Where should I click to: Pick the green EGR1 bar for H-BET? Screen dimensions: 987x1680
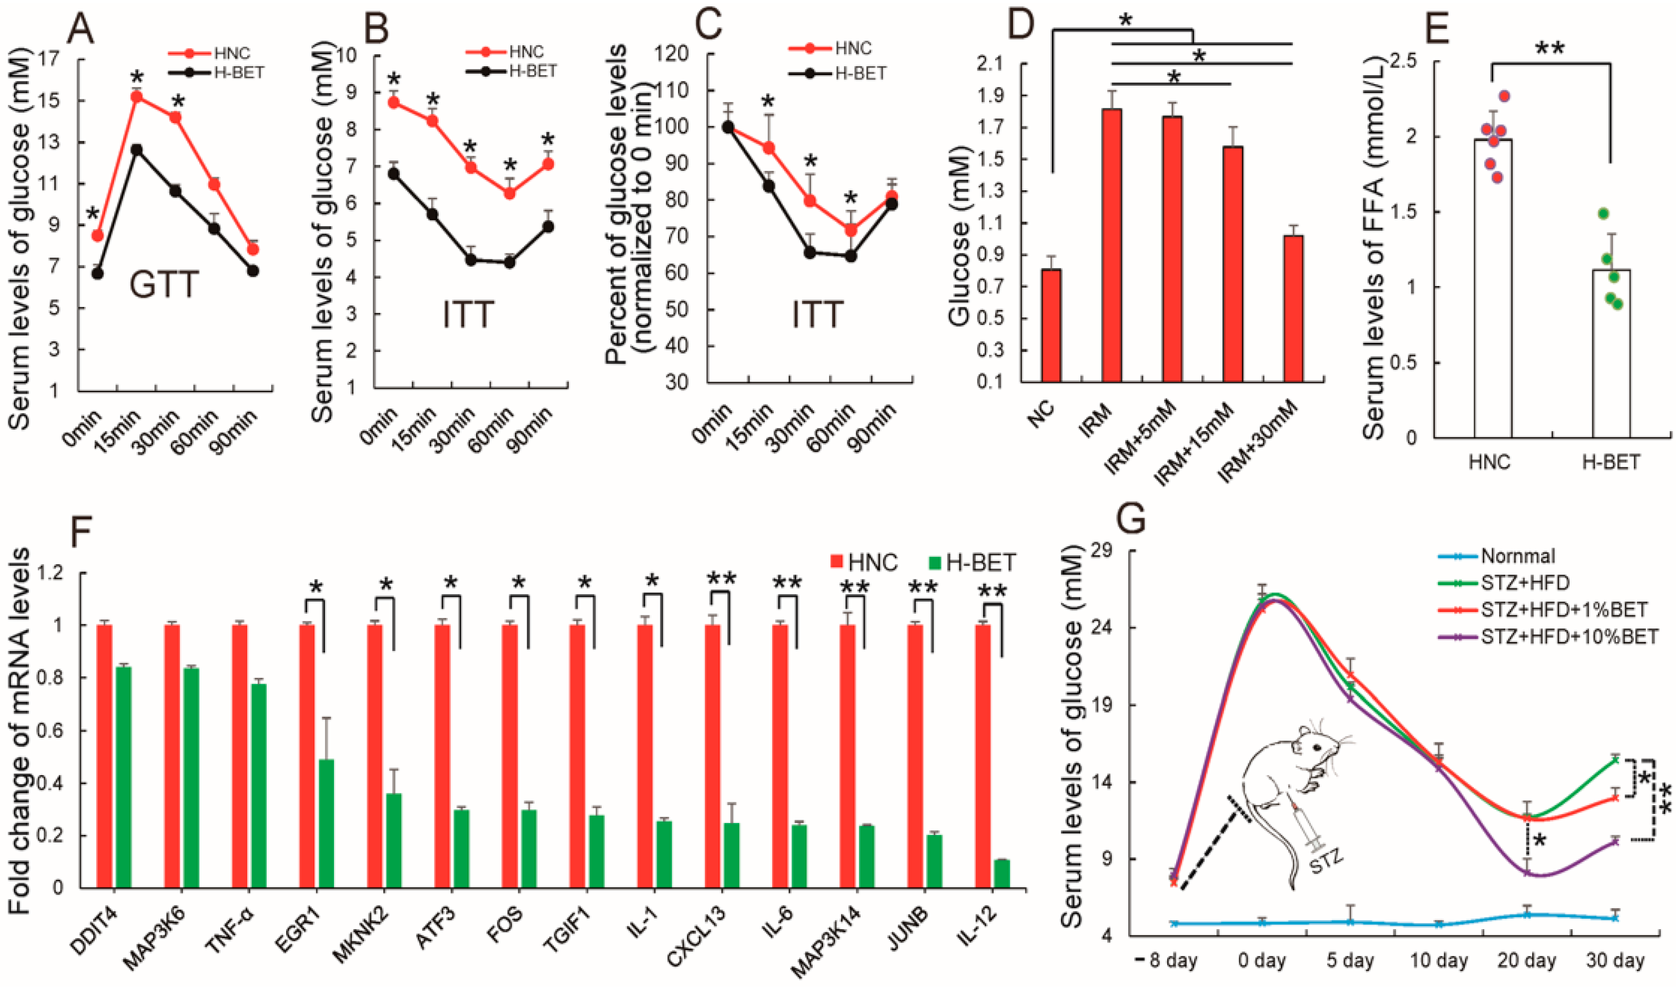pyautogui.click(x=326, y=823)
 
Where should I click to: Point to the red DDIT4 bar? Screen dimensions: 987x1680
pyautogui.click(x=105, y=756)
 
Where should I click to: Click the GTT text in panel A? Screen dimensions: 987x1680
pyautogui.click(x=164, y=284)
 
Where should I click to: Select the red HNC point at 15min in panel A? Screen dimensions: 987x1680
pyautogui.click(x=137, y=97)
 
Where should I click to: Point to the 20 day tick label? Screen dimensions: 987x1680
pyautogui.click(x=1526, y=962)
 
